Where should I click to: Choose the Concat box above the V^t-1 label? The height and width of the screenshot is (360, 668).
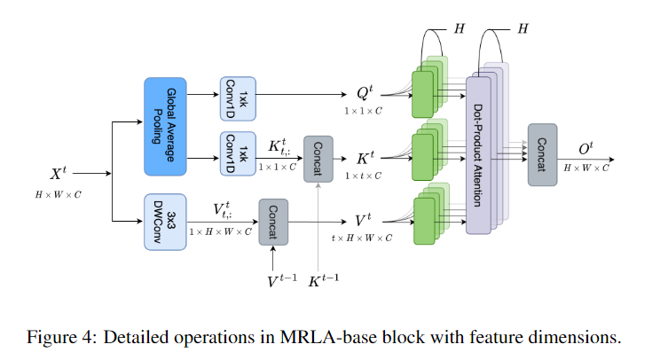(274, 221)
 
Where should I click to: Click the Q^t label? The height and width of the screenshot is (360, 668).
(362, 92)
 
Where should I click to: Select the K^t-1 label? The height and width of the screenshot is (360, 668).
(325, 280)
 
